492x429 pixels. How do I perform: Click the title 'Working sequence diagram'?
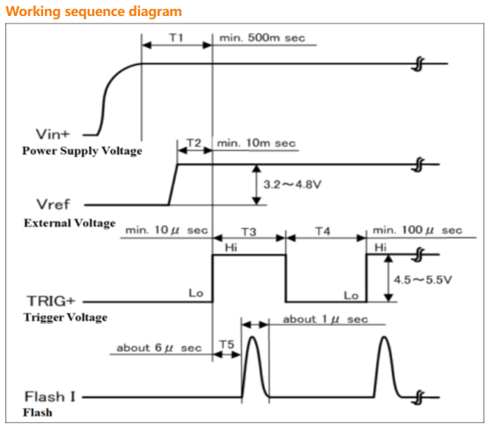pos(94,11)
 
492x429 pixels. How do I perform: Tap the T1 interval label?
pos(176,38)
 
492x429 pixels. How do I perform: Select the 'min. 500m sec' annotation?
pos(262,38)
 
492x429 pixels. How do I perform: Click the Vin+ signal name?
pos(52,134)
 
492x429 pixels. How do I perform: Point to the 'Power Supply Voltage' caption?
pos(82,151)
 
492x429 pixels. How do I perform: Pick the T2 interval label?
pos(194,143)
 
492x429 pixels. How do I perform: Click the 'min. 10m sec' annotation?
pos(257,143)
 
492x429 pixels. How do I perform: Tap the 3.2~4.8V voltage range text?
pos(292,184)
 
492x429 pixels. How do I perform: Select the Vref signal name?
pos(53,205)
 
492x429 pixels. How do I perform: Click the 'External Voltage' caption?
pos(70,223)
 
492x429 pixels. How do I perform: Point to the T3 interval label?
pos(249,232)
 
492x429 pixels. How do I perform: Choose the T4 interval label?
pos(323,231)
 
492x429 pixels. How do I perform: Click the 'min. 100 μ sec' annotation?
pos(417,230)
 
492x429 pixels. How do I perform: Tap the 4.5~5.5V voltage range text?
pos(422,280)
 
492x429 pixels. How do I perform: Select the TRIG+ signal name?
pos(51,301)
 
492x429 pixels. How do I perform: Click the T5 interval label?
pos(227,344)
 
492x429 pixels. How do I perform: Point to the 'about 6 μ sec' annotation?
pos(159,348)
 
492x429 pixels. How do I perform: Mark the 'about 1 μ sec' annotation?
pos(325,319)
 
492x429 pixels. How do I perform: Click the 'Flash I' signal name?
pos(50,396)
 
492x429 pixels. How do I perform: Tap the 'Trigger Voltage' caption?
pos(66,318)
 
